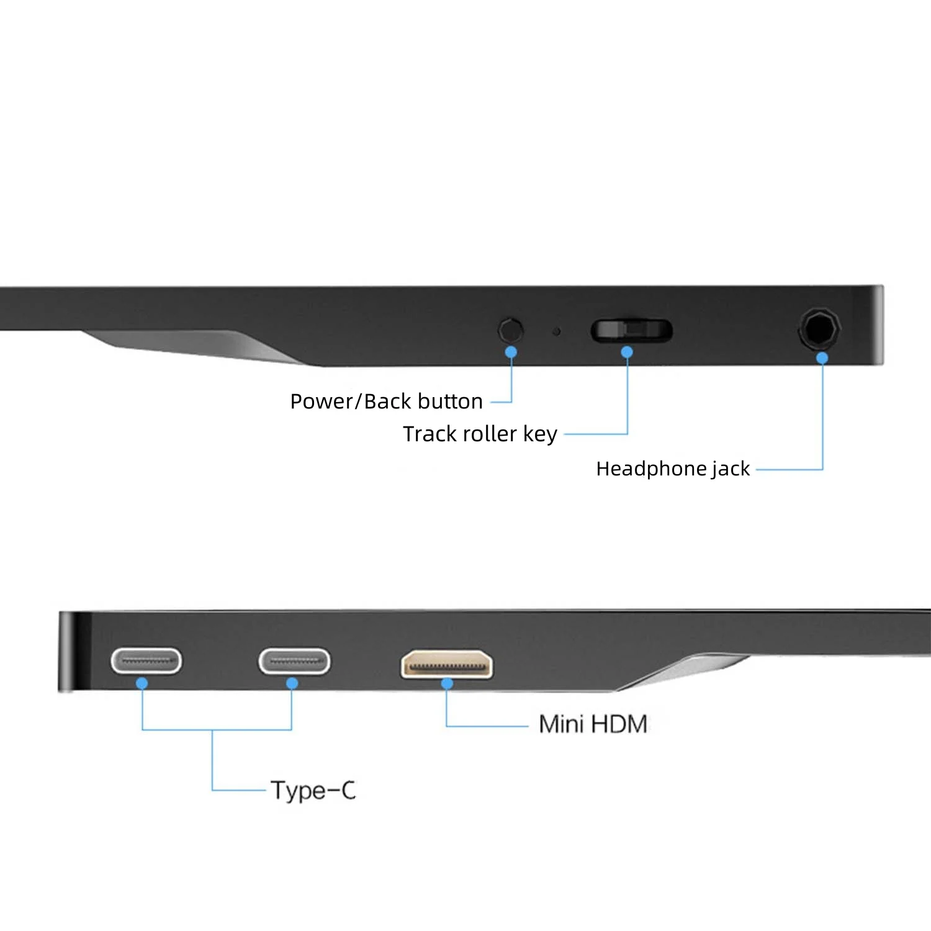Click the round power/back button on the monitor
pos(511,329)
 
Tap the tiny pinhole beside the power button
pos(556,331)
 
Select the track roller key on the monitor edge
pos(631,330)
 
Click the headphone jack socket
pos(819,328)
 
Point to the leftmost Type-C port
pos(146,660)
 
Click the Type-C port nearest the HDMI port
pos(294,660)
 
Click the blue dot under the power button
pos(511,352)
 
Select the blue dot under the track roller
pos(627,352)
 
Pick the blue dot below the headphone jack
pos(822,358)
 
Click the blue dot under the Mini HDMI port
pos(447,683)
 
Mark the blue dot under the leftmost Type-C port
pos(142,683)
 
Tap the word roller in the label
pos(487,434)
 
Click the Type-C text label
pos(313,791)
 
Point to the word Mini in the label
pos(561,724)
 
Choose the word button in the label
pos(453,402)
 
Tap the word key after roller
pos(540,434)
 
